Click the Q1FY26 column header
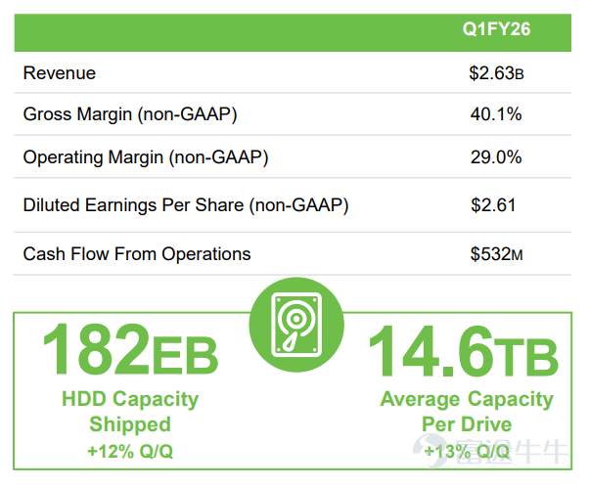tap(496, 29)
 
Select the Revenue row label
tap(60, 72)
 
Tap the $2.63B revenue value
tap(496, 73)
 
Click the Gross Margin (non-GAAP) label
tap(130, 114)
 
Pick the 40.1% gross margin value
tap(496, 113)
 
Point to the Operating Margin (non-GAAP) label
tap(146, 157)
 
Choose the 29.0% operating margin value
tap(496, 156)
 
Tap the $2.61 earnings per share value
tap(493, 205)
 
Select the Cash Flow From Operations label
tap(137, 254)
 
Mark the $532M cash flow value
tap(496, 254)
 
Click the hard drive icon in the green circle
tap(296, 325)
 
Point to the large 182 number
tap(96, 349)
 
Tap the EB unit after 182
tap(185, 355)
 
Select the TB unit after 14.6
tap(526, 356)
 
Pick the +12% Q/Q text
tap(130, 451)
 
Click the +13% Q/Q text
tap(467, 451)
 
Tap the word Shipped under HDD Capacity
tap(130, 424)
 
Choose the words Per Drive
tap(467, 424)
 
